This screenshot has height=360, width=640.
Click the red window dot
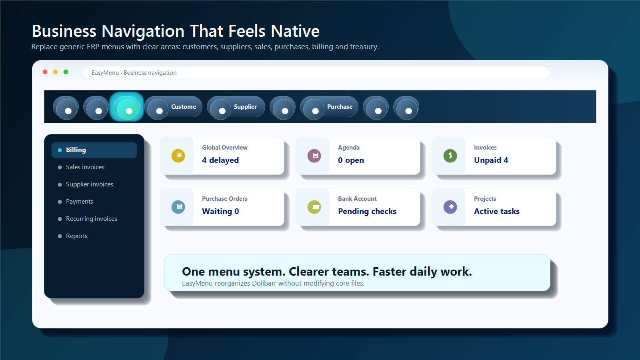pos(45,72)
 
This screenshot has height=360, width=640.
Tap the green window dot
pos(66,72)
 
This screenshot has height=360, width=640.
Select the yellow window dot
pos(56,72)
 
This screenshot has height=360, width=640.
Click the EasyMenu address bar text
pos(134,73)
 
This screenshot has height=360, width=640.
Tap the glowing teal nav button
pos(126,106)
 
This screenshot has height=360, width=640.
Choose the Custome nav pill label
pos(184,107)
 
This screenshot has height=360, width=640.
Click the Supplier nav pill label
pos(245,107)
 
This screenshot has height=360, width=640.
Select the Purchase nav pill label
pos(340,107)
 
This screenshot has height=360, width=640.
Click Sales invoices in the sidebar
pos(85,167)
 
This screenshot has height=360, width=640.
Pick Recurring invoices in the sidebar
pos(92,219)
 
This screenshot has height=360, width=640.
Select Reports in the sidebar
pos(76,236)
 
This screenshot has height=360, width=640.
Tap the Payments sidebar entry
pos(80,202)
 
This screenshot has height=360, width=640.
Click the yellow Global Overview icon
pos(178,156)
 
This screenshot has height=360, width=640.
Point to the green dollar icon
pos(450,156)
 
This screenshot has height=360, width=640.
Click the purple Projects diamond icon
pos(450,207)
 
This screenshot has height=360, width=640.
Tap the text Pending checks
pos(367,212)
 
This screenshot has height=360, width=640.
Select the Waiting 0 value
pos(220,212)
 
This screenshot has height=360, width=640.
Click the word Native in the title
pos(295,31)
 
